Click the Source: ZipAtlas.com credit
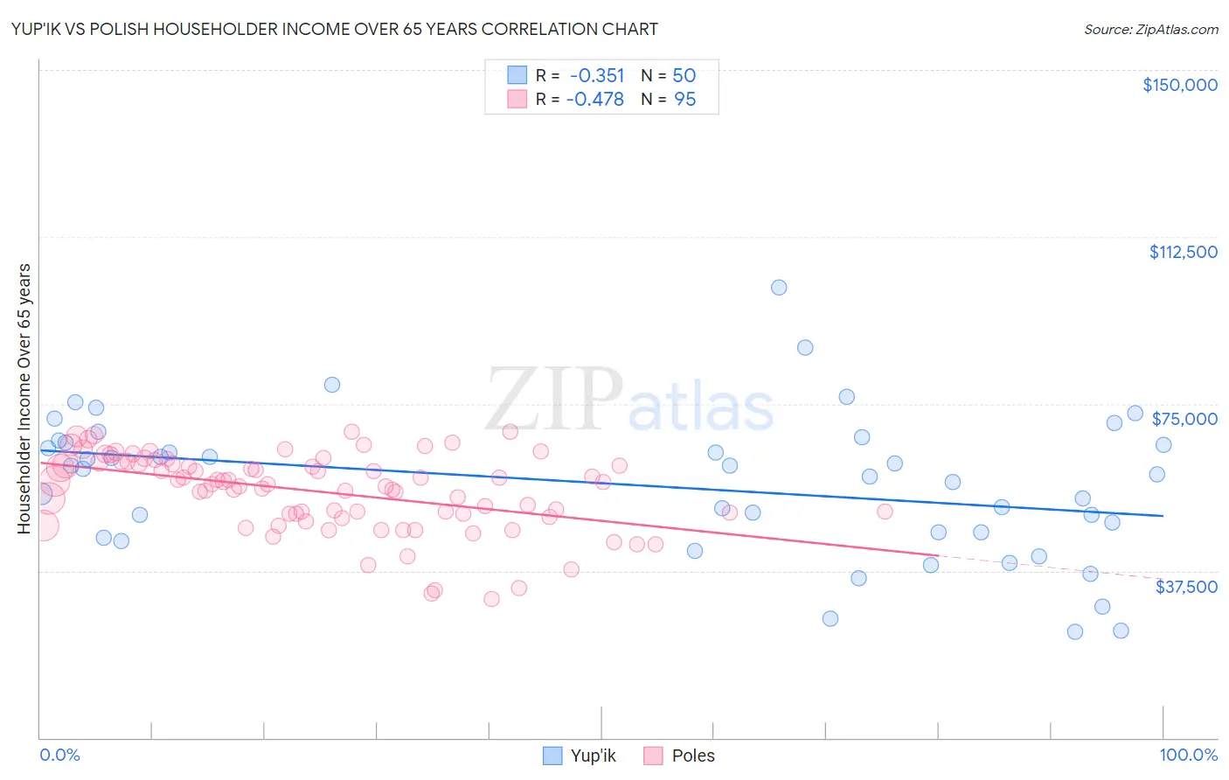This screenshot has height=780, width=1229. (1150, 30)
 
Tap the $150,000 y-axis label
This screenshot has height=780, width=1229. (1179, 85)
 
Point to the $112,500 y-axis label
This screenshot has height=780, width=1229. (1183, 252)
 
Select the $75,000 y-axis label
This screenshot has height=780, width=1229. (1184, 419)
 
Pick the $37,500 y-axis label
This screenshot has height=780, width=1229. (1186, 587)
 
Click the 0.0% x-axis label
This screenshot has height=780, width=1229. (59, 755)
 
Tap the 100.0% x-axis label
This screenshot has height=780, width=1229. (1188, 755)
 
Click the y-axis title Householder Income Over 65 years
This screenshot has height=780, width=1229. (24, 399)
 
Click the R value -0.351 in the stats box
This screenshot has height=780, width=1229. (596, 76)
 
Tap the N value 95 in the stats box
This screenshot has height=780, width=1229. (684, 100)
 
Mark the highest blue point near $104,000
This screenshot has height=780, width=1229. (779, 288)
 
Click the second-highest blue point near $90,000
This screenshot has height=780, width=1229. (805, 348)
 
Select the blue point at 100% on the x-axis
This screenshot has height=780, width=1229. (1163, 445)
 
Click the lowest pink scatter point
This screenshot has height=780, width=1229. (491, 599)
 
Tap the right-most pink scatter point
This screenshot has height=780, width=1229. (885, 512)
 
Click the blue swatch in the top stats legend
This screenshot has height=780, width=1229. (517, 76)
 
